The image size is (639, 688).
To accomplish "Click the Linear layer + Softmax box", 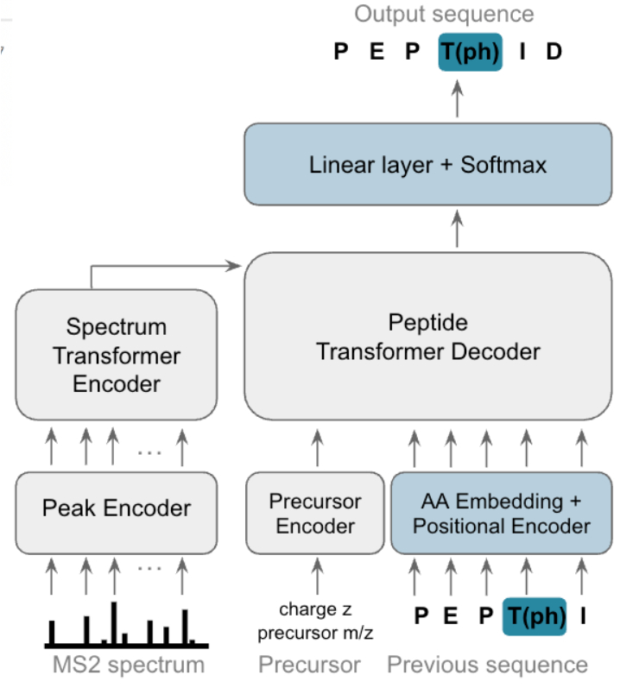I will (427, 164).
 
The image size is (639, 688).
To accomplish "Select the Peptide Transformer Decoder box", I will (427, 337).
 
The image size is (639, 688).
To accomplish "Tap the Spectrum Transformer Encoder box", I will (115, 355).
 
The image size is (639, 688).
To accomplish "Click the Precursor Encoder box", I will (315, 513).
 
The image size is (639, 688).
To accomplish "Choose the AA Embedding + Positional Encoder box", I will (501, 513).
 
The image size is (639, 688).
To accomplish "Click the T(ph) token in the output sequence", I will (471, 52).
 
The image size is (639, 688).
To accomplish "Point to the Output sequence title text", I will (444, 14).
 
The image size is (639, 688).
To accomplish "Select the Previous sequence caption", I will (487, 665).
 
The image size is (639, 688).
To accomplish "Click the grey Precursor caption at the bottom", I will (309, 665).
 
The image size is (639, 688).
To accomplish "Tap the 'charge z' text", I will (314, 609).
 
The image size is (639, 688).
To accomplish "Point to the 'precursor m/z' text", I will (314, 633).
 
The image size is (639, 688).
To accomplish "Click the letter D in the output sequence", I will (554, 52).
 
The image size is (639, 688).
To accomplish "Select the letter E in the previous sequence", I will (449, 615).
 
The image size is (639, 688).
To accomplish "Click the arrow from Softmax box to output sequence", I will (458, 100).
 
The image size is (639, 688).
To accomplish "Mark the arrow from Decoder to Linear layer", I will (458, 228).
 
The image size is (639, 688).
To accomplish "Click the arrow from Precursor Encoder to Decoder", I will (316, 449).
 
